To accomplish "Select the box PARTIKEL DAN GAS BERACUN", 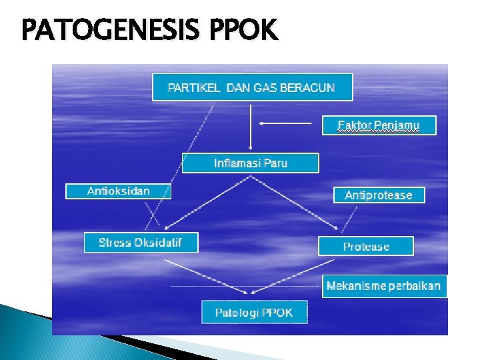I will click(x=251, y=87).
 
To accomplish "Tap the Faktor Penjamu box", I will click(x=379, y=125).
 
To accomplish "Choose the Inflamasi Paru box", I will click(x=251, y=163).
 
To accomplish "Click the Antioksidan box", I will click(x=118, y=191).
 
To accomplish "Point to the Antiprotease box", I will click(x=379, y=195).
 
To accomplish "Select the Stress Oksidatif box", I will click(x=141, y=243).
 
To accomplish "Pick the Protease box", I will click(x=366, y=247).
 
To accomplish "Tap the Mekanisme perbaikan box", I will click(x=383, y=286).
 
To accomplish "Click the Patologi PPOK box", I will click(x=254, y=313).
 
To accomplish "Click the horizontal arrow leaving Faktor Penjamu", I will click(x=285, y=123).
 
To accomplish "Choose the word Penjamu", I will click(x=397, y=125).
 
